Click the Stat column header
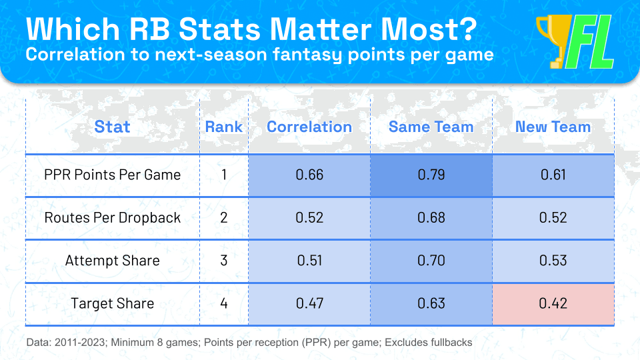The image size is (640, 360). click(112, 127)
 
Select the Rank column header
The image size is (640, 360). click(223, 127)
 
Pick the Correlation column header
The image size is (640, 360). click(309, 127)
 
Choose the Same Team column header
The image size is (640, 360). click(431, 127)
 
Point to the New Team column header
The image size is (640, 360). click(553, 127)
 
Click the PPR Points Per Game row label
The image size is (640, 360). click(112, 175)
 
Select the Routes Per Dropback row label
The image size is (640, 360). click(112, 218)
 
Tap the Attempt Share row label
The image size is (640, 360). click(112, 261)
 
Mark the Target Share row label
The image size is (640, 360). click(112, 303)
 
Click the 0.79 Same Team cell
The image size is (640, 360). click(431, 175)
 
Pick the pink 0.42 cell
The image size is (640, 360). click(553, 303)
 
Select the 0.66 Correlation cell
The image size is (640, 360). click(309, 175)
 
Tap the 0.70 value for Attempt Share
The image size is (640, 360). click(431, 261)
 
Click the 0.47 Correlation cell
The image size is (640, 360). click(309, 303)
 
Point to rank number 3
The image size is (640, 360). click(223, 261)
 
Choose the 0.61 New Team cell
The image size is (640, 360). click(553, 175)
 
